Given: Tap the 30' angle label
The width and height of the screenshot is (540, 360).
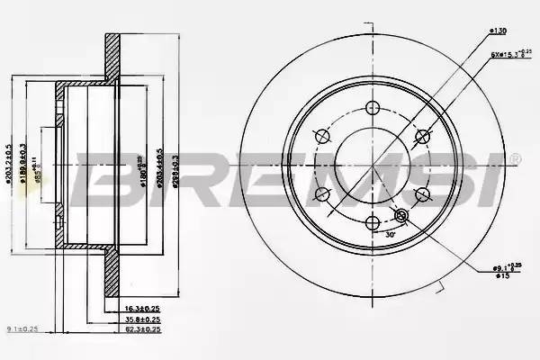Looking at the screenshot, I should pos(389,236).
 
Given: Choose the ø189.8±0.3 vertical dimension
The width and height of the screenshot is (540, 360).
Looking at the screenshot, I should pos(22,165).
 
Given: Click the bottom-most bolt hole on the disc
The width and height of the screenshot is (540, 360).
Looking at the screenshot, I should pos(373,222).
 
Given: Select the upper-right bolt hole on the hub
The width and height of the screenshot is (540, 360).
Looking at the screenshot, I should pos(422,136).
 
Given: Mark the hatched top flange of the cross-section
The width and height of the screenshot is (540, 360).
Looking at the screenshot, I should pos(112,56).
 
